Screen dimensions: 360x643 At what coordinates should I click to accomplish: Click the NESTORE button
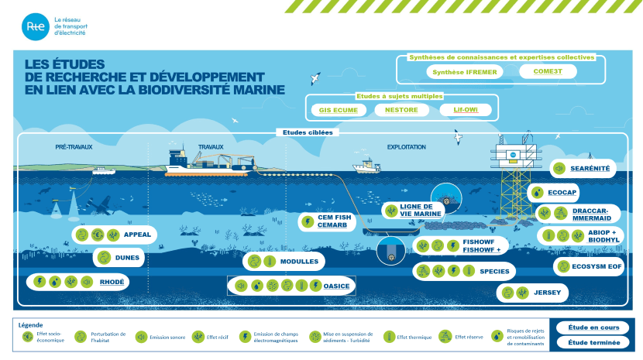tap(401, 110)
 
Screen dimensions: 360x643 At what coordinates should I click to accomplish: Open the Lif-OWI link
tap(466, 110)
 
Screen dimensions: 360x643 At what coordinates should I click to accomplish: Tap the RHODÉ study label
tap(112, 281)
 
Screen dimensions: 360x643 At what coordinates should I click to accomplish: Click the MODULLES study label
tap(299, 261)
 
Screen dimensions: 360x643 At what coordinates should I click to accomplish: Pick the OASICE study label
tap(337, 286)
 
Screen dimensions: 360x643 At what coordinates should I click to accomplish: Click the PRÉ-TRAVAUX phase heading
tap(71, 146)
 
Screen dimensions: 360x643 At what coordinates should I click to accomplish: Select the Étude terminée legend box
tap(593, 342)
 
